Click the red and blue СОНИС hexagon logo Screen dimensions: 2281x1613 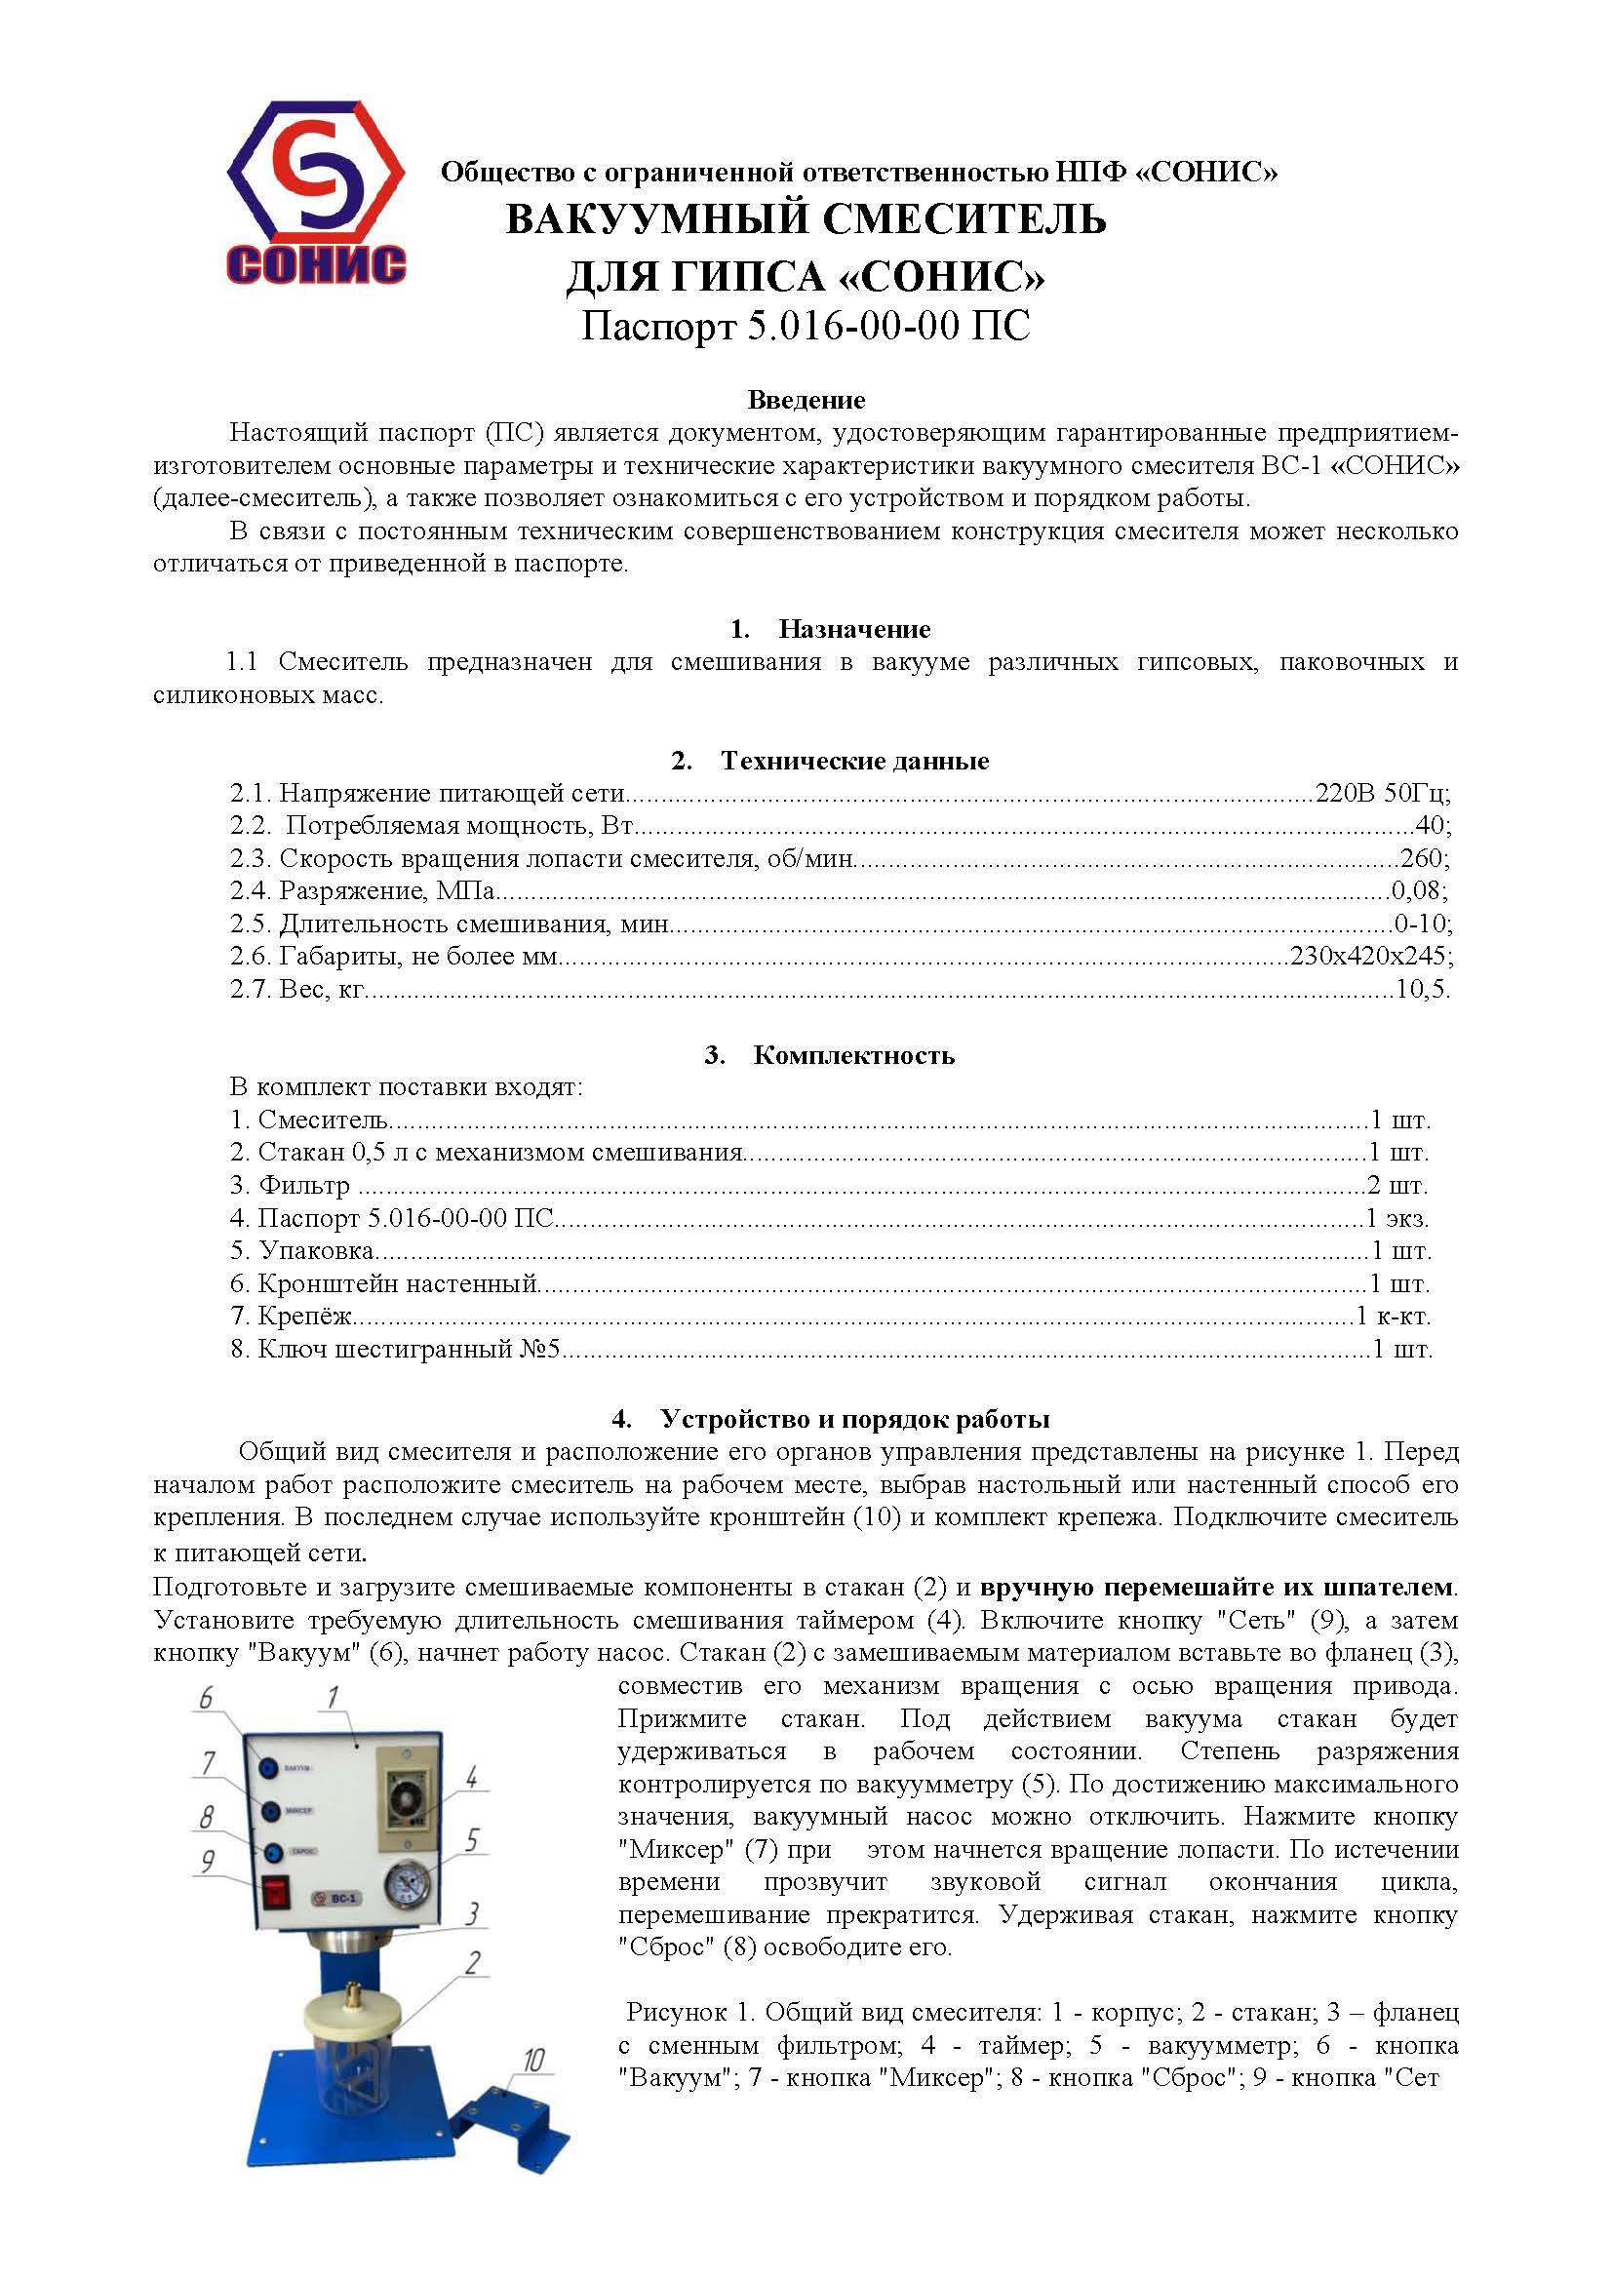[x=316, y=191]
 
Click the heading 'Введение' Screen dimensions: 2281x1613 [x=806, y=401]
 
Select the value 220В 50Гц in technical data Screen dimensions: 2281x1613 [x=1382, y=793]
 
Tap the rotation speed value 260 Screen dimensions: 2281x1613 [x=1424, y=858]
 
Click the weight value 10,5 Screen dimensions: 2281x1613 [x=1422, y=990]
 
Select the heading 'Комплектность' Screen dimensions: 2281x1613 [x=853, y=1055]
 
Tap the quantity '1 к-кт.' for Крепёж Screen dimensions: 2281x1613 [x=1394, y=1317]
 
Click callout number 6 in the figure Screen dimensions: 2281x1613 [x=206, y=1698]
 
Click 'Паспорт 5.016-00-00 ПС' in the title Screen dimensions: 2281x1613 [x=806, y=326]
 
